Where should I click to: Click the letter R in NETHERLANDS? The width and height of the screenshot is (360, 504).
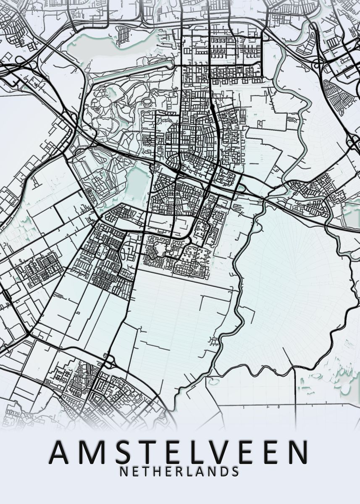[x=179, y=471]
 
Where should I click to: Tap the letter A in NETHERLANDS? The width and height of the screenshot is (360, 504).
[x=200, y=471]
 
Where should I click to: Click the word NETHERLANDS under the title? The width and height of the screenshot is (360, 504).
[x=179, y=471]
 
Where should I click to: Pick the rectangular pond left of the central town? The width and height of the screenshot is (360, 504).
[x=137, y=181]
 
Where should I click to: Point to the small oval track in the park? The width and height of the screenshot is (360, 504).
[x=147, y=101]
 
